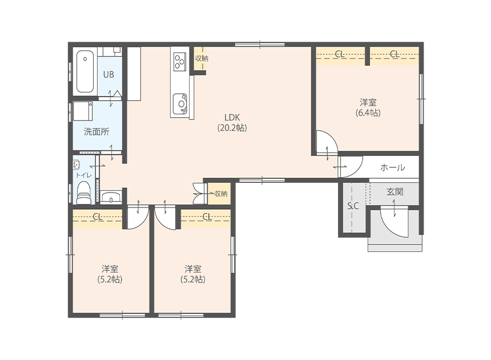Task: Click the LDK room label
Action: point(232,118)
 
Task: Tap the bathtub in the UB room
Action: point(85,72)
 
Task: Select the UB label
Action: point(108,74)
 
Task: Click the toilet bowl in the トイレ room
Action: point(83,193)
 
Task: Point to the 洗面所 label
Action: point(96,131)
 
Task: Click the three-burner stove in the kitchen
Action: point(180,61)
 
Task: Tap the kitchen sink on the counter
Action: point(180,103)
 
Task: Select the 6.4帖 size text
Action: point(368,113)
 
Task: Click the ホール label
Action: point(393,167)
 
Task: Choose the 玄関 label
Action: point(395,191)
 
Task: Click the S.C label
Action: point(353,206)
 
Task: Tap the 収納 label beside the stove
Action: point(202,58)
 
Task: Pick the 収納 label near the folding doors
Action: point(221,194)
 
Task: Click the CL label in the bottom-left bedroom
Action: point(98,216)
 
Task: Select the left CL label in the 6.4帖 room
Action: point(340,54)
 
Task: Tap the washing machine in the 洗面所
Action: point(82,111)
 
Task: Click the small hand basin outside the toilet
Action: point(111,197)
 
